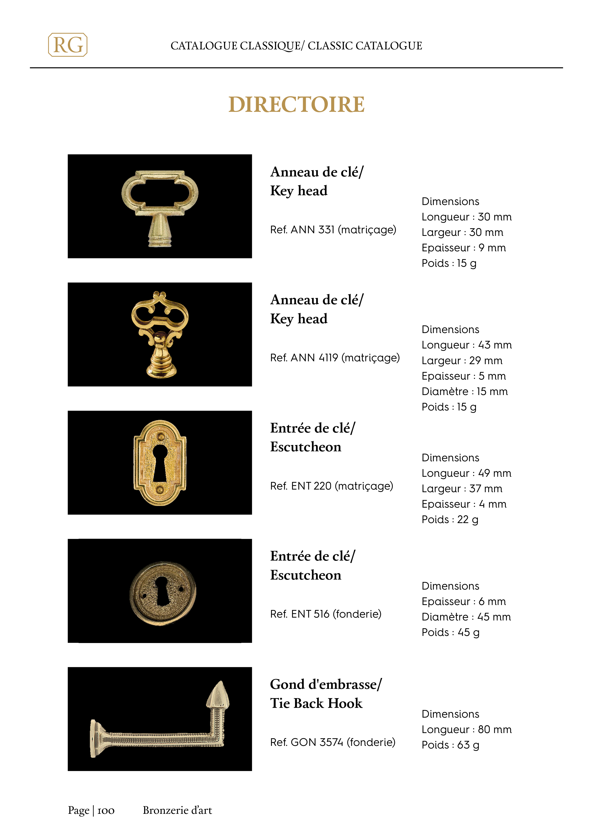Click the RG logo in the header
point(68,45)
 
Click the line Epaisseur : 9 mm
point(463,248)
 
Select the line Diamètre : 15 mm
point(464,391)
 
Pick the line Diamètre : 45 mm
point(466,617)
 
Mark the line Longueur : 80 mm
point(466,729)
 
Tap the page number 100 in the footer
point(106,810)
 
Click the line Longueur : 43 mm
point(466,345)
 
